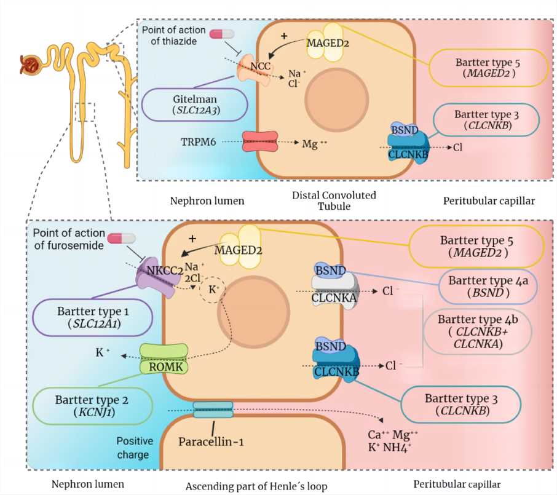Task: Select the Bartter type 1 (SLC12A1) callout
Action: click(92, 318)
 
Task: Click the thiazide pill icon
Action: click(223, 34)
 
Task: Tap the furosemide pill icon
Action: click(120, 239)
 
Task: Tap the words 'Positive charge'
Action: click(132, 448)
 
